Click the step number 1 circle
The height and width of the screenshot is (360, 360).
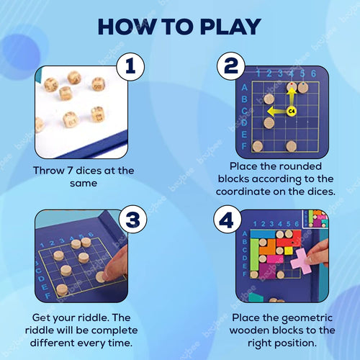[x=130, y=68]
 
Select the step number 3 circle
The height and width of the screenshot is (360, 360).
[x=130, y=218]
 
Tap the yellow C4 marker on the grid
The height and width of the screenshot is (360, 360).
[x=292, y=111]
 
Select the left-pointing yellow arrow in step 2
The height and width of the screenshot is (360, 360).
[x=274, y=112]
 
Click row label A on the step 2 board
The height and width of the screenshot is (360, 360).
[x=245, y=86]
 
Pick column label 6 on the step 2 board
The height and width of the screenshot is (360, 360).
[x=312, y=73]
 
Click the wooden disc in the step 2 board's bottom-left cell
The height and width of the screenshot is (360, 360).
[x=257, y=146]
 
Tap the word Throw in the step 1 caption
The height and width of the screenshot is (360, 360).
[x=48, y=171]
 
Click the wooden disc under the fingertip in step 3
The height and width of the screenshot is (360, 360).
[x=101, y=276]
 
